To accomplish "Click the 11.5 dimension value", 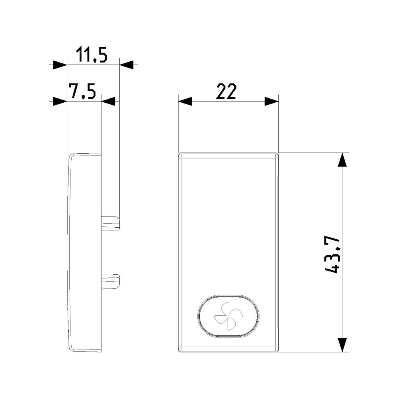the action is pos(92,55).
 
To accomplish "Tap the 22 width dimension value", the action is pos(226,91).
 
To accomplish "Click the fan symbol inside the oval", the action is pos(228,316).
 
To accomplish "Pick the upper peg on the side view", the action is pos(110,223).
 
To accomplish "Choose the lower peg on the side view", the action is pos(110,281).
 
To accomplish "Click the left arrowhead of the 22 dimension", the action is pos(185,101).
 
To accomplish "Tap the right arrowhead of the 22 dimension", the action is pos(271,101).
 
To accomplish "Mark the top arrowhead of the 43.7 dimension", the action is pos(343,160).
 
